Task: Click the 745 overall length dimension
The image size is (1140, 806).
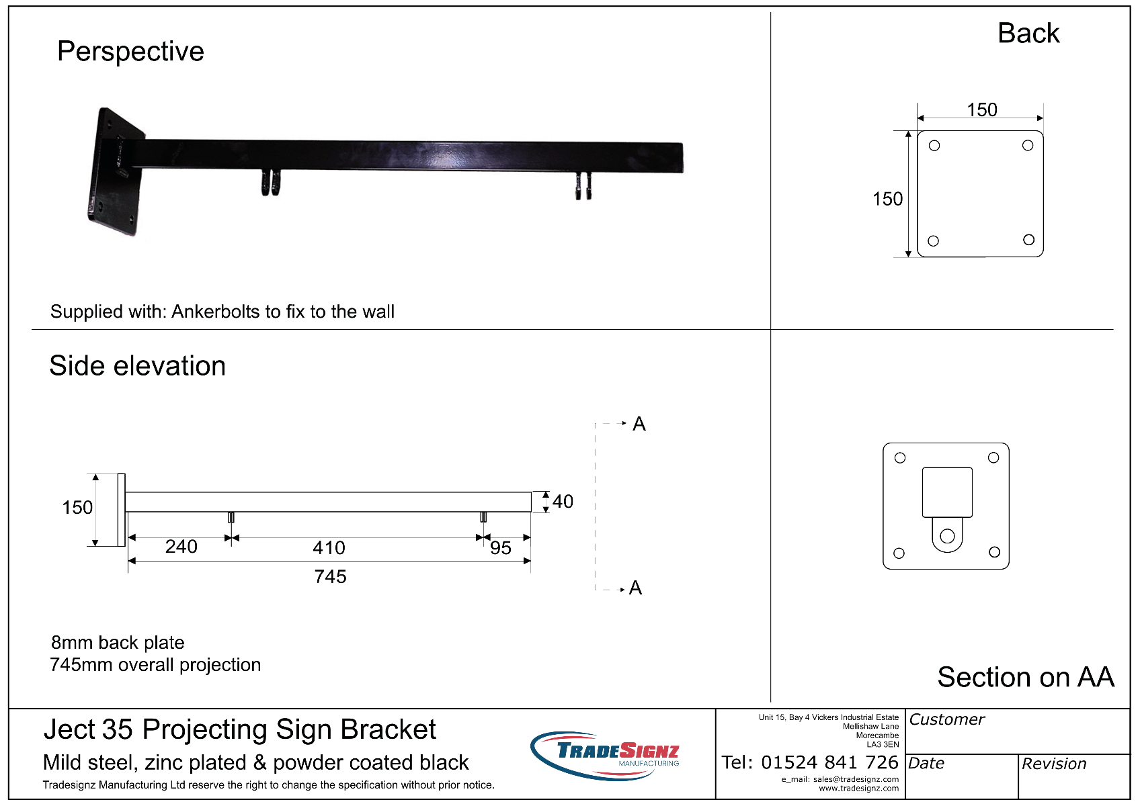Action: click(330, 577)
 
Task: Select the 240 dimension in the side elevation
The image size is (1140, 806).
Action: click(181, 547)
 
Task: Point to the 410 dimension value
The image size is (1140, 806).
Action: click(329, 548)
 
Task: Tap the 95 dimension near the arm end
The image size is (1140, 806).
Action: click(500, 548)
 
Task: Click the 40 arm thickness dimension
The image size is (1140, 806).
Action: click(563, 501)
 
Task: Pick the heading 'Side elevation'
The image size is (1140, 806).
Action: click(137, 365)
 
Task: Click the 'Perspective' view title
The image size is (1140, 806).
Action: click(130, 51)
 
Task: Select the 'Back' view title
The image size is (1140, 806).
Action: click(1028, 34)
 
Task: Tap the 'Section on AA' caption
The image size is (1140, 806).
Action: click(1026, 677)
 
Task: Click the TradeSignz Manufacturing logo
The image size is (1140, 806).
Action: click(605, 756)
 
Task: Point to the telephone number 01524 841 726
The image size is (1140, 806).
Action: click(829, 762)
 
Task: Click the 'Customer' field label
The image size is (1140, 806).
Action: click(946, 719)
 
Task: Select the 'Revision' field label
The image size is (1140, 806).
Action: click(1054, 763)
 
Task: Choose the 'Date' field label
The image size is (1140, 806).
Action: click(926, 763)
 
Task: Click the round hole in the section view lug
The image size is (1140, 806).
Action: click(947, 536)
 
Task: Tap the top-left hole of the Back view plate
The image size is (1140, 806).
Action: click(934, 146)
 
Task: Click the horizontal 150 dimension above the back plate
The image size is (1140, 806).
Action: click(982, 110)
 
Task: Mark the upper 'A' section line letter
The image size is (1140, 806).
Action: click(639, 424)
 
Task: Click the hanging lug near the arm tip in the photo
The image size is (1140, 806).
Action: click(583, 186)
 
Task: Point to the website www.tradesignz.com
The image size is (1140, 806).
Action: click(858, 789)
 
